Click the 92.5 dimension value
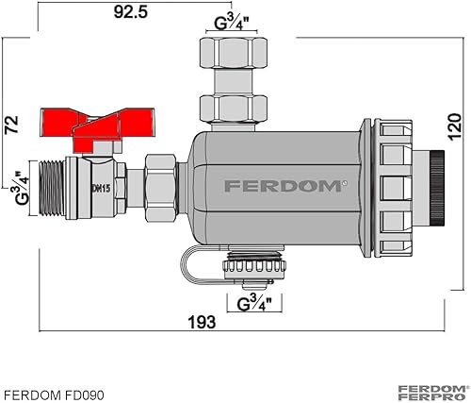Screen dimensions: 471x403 coord(131,12)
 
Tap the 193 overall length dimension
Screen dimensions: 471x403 coord(202,322)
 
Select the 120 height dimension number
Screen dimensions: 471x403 coord(454,126)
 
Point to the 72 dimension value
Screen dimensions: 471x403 coord(11,125)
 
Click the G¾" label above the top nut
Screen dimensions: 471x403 coord(232,23)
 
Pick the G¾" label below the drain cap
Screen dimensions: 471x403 coord(254,303)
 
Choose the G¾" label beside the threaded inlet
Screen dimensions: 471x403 coord(21,188)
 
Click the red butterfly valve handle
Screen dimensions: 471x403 coord(97,129)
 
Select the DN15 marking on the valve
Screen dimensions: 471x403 coord(101,189)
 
